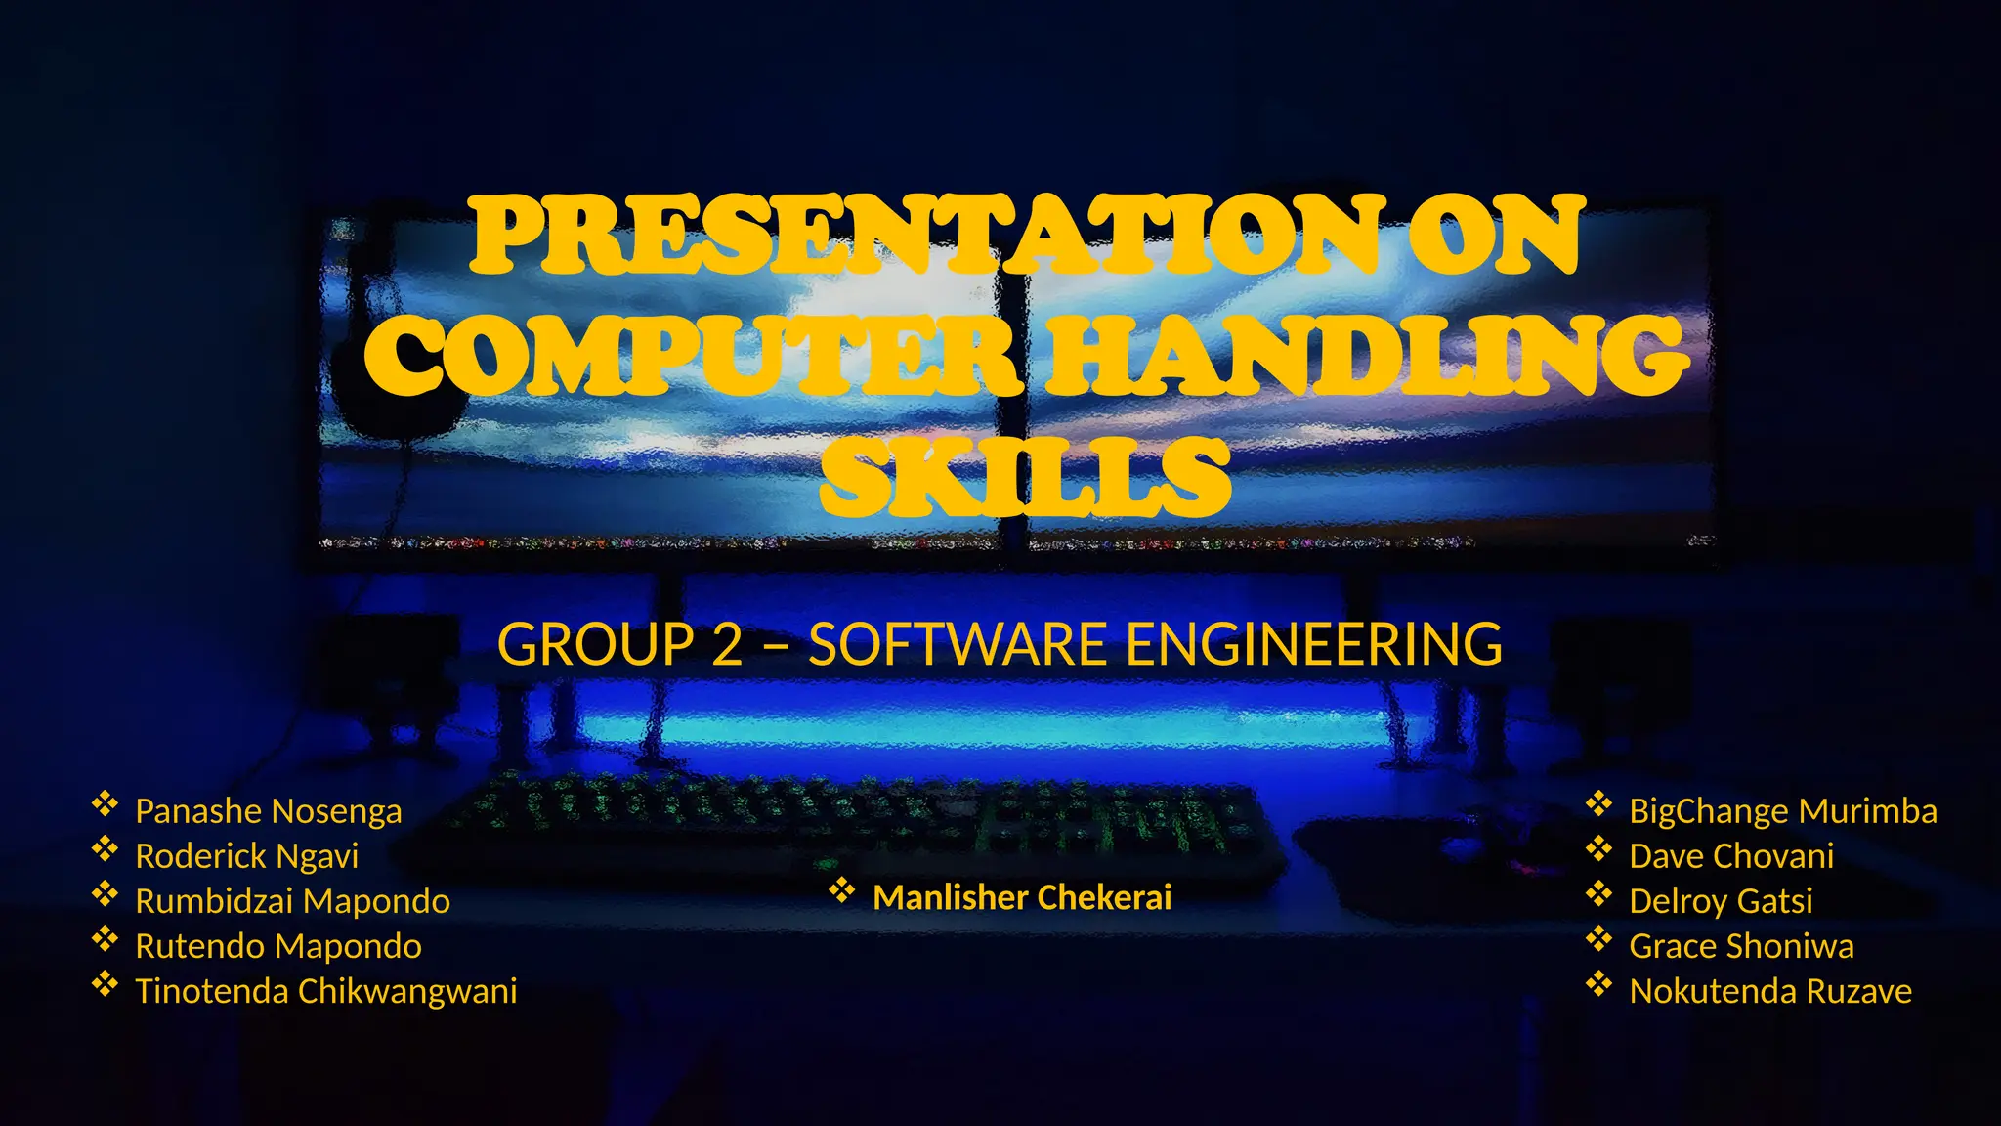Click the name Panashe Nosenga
tap(268, 811)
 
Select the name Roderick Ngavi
tap(246, 856)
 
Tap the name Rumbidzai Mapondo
tap(292, 901)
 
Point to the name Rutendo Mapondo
tap(277, 946)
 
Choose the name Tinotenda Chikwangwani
tap(325, 991)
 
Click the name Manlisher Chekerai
tap(1021, 897)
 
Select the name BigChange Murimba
tap(1782, 811)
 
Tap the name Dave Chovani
tap(1730, 856)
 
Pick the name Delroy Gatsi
tap(1721, 901)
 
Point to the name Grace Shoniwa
tap(1741, 946)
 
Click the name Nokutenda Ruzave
tap(1769, 991)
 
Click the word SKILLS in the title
tap(1024, 477)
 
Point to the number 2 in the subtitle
tap(726, 645)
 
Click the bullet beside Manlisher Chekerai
tap(841, 890)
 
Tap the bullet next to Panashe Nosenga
tap(105, 804)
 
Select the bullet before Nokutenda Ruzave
tap(1598, 984)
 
